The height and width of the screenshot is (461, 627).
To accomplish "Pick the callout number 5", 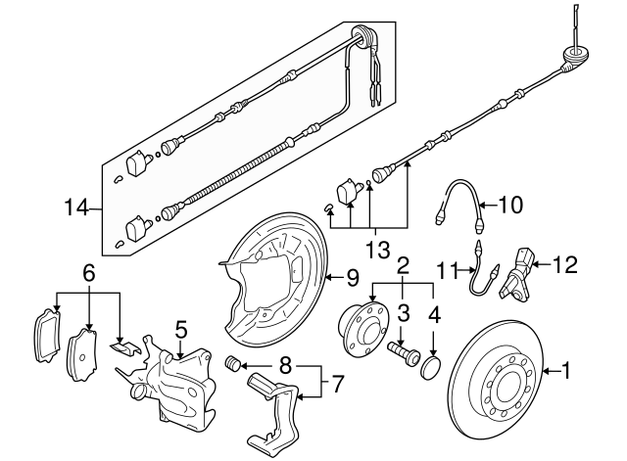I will coord(181,329).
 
